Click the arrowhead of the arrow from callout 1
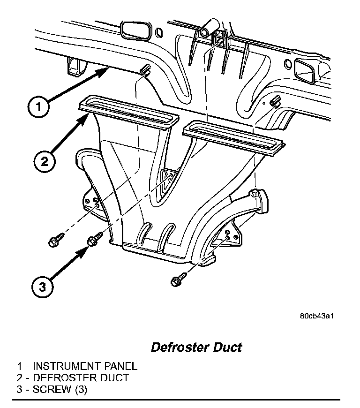tap(105, 70)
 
